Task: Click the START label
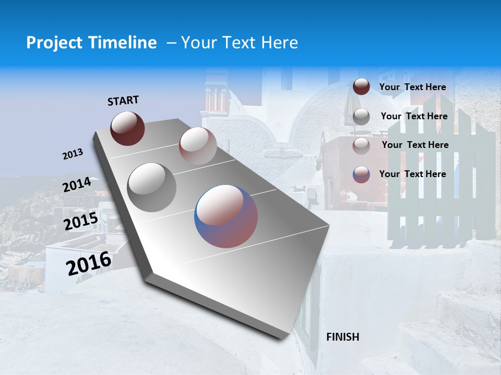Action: click(123, 101)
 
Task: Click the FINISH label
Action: click(343, 337)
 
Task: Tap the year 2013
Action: click(73, 154)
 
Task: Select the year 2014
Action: click(77, 185)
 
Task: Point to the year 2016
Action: click(89, 264)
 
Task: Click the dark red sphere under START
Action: click(127, 128)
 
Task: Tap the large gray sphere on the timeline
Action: click(152, 187)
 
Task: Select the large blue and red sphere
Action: click(226, 216)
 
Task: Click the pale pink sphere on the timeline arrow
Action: click(197, 145)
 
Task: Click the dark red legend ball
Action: click(361, 87)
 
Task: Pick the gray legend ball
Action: click(361, 117)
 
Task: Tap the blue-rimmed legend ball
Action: click(361, 174)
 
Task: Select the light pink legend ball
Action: click(361, 145)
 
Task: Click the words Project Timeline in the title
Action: click(91, 43)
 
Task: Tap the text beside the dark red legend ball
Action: click(412, 87)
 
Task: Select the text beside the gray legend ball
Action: click(414, 116)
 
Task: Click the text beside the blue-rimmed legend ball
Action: click(412, 174)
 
